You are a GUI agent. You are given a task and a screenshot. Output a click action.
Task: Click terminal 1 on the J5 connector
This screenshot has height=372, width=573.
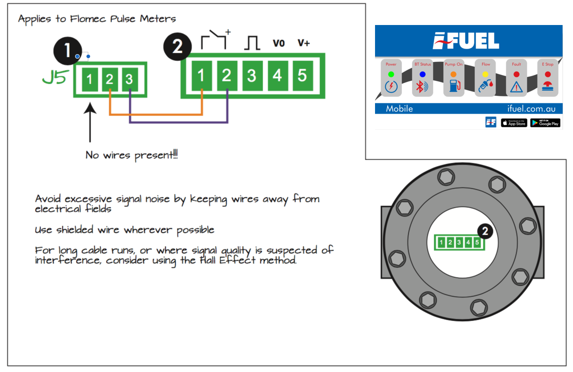point(90,80)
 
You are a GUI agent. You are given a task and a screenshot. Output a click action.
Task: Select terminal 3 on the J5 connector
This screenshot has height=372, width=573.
point(129,80)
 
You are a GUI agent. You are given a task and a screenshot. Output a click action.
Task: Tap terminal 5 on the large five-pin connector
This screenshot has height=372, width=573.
point(302,75)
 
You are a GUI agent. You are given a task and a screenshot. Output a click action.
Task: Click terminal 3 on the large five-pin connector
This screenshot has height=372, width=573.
point(252,75)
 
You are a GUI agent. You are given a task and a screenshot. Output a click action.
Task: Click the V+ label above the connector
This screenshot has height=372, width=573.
point(304,43)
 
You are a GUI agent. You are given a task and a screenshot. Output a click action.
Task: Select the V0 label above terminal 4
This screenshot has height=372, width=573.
point(279,43)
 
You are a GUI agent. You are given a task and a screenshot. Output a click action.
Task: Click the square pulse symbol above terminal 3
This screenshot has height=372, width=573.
point(252,43)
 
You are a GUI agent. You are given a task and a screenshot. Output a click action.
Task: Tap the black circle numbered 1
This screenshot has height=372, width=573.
point(67,50)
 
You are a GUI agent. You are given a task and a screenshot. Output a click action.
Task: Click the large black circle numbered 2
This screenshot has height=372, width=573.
point(177,46)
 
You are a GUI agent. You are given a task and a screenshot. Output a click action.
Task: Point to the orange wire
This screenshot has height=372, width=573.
point(155,115)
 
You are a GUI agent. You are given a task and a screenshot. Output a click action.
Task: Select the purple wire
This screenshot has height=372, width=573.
point(177,122)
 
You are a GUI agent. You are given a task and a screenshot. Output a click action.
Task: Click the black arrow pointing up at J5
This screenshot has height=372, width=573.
point(90,123)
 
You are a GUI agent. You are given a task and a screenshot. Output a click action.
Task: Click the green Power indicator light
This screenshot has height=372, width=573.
point(391,74)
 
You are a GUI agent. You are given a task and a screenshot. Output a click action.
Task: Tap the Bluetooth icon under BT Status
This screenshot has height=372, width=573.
point(422,86)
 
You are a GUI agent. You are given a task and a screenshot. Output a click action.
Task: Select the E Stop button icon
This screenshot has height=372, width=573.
point(548,86)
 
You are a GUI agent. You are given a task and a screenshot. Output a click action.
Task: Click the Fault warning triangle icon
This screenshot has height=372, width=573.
point(516,86)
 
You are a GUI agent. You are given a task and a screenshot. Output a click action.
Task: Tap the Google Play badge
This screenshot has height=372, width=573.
point(545,123)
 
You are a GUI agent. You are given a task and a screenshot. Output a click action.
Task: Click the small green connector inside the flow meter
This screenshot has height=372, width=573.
point(459,242)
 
